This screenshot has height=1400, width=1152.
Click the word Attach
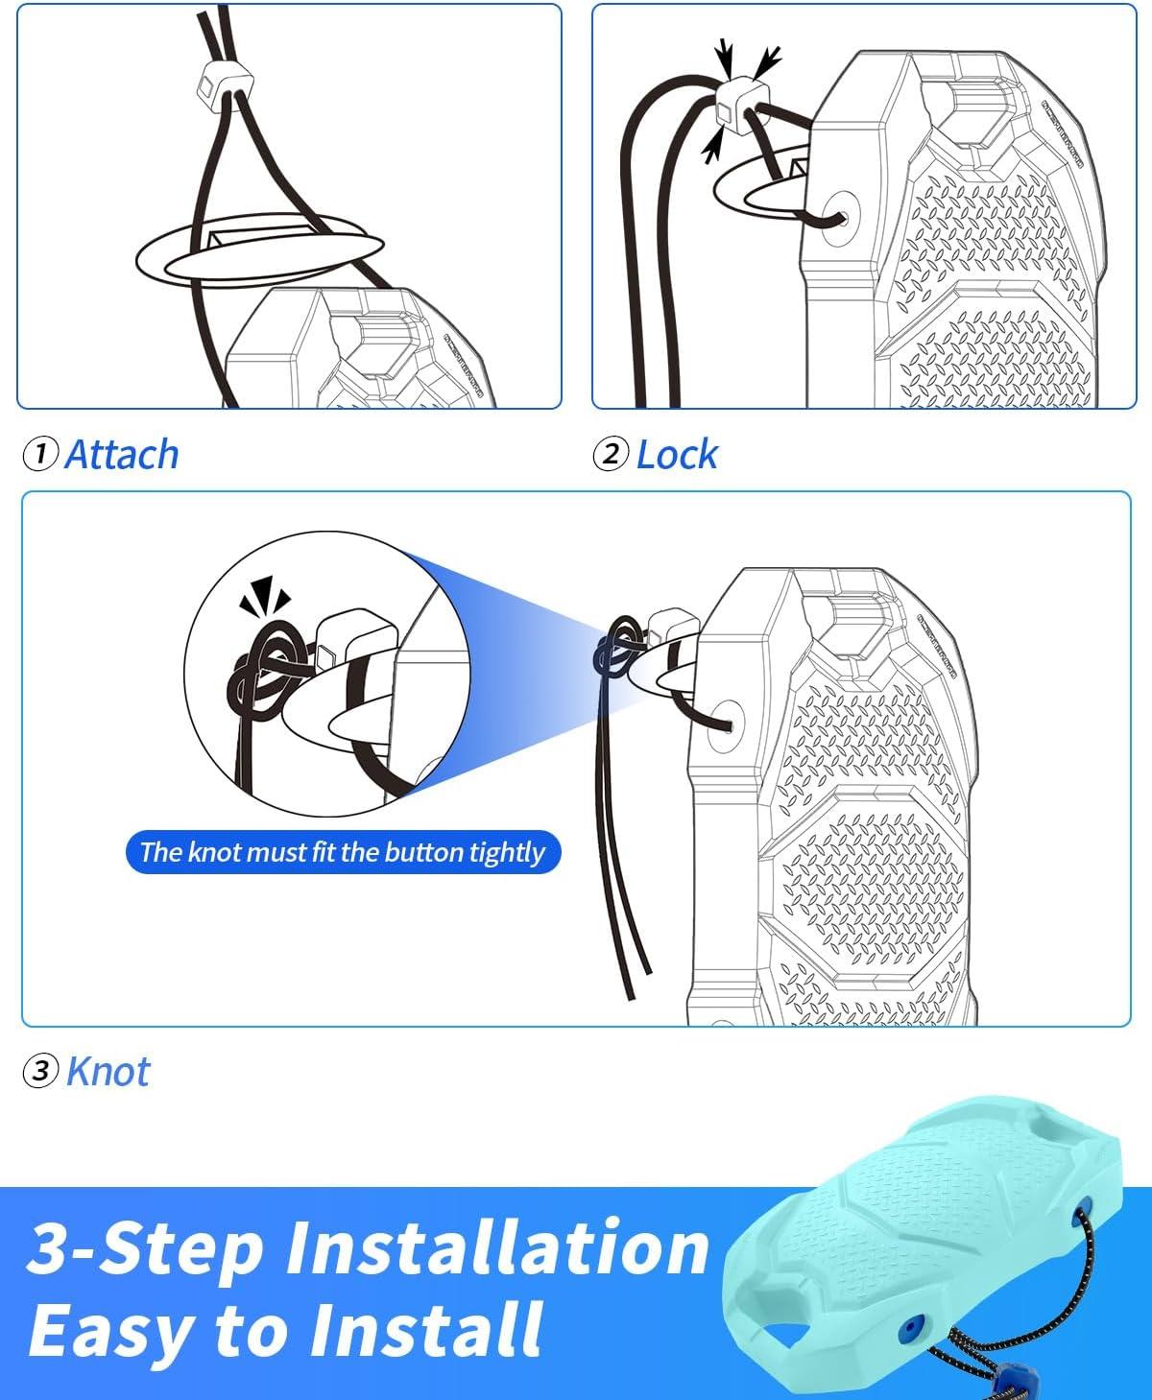[x=122, y=455]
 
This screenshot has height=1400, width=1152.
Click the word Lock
[x=677, y=455]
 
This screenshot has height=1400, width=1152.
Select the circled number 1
[x=40, y=454]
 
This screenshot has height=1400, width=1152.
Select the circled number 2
[x=611, y=454]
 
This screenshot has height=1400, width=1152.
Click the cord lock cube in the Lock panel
[x=742, y=105]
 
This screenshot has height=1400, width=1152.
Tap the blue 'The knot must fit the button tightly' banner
[x=343, y=852]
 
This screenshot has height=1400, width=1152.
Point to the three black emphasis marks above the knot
[x=265, y=595]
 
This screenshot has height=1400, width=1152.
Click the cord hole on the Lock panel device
[x=840, y=219]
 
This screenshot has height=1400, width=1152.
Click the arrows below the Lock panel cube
[x=711, y=147]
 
